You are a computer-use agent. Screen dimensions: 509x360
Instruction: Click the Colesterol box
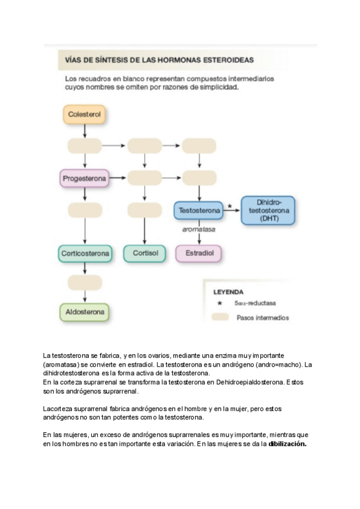point(84,113)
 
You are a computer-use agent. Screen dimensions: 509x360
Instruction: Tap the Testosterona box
point(199,211)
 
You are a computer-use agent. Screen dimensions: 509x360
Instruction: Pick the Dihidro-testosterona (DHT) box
point(268,210)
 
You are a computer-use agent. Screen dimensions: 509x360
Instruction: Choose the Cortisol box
point(145,254)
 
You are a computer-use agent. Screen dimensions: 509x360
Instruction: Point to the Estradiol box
point(199,254)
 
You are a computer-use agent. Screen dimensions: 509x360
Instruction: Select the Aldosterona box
point(85,312)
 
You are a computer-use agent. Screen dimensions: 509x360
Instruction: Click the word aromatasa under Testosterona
point(199,229)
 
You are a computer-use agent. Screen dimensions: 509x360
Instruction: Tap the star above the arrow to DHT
point(229,206)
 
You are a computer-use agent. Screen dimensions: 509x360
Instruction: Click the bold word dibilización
point(287,444)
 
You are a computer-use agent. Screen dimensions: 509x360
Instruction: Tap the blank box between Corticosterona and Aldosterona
point(85,282)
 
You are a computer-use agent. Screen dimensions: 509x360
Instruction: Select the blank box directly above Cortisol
point(145,211)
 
